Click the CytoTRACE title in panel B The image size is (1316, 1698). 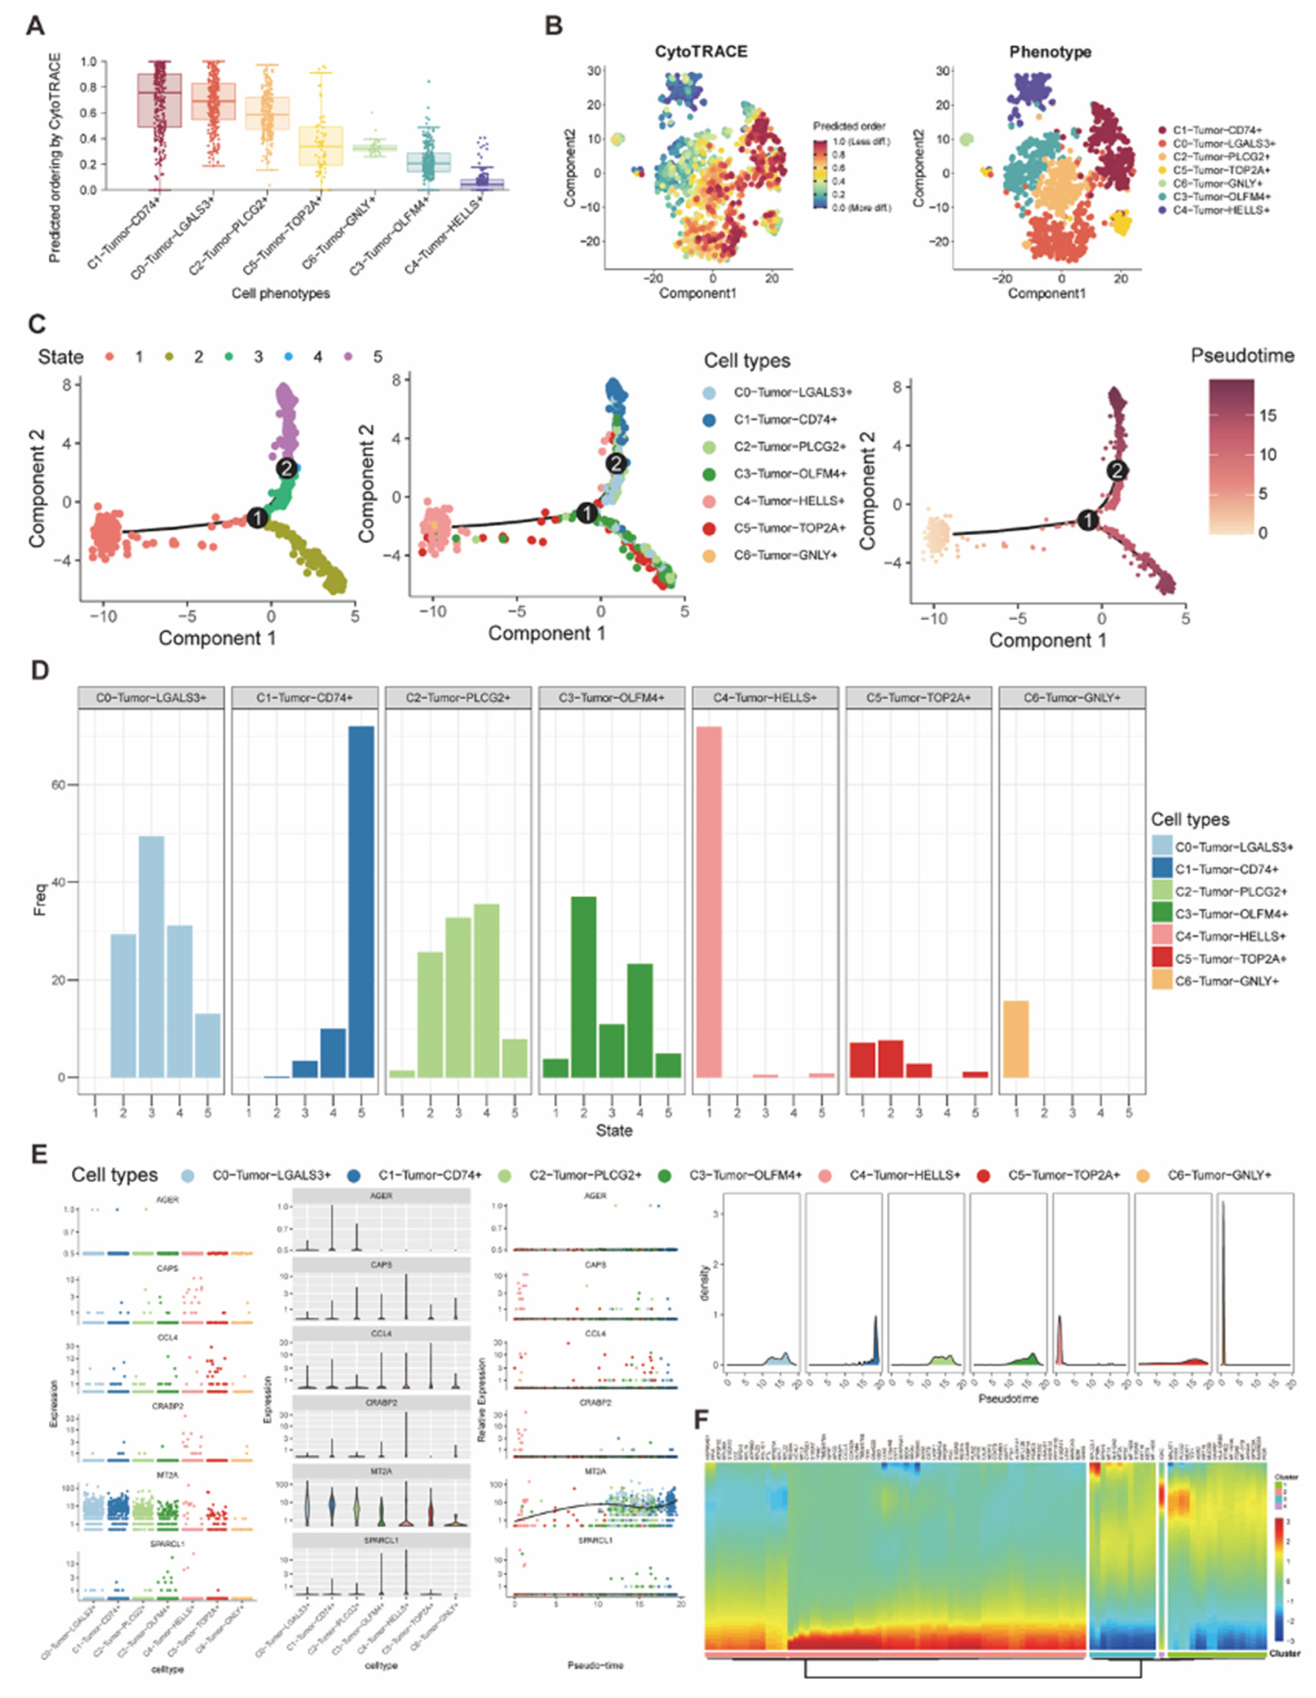[x=700, y=52]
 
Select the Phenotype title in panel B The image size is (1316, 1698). [x=1050, y=52]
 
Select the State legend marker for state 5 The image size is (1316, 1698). [x=348, y=357]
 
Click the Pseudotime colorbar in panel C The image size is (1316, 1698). [x=1231, y=457]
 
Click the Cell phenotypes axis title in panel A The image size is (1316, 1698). [x=281, y=293]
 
